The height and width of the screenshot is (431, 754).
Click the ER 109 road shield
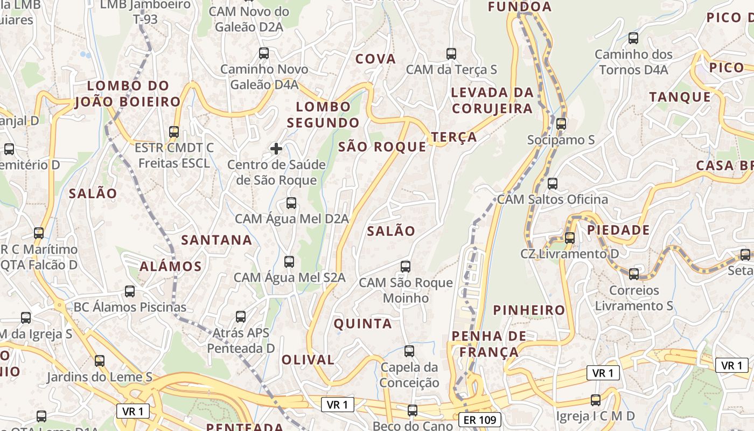coord(480,420)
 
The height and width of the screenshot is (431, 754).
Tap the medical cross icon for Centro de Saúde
coord(276,148)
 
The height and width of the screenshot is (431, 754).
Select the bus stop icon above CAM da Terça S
coord(451,54)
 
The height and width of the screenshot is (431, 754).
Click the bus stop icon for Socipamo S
coord(561,124)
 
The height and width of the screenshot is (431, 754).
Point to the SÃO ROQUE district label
coord(382,147)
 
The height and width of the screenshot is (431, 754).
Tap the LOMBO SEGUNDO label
coord(323,114)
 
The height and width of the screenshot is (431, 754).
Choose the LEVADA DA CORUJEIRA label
coord(492,100)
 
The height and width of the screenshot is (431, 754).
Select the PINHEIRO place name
coord(529,310)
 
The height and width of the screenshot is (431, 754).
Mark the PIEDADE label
coord(618,230)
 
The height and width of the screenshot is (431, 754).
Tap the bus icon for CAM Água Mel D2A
coord(291,203)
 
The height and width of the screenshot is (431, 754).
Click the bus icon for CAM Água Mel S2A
coord(289,262)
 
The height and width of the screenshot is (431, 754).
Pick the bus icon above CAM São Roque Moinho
coord(406,266)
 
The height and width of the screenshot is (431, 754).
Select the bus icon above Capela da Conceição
coord(409,351)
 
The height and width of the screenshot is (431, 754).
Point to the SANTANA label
coord(217,240)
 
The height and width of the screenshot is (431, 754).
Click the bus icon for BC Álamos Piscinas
coord(130,291)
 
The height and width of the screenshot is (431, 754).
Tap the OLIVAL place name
coord(308,359)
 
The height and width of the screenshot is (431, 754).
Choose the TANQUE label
coord(680,97)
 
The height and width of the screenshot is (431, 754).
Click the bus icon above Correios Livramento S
coord(634,274)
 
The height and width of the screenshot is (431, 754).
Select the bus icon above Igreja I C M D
coord(596,400)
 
